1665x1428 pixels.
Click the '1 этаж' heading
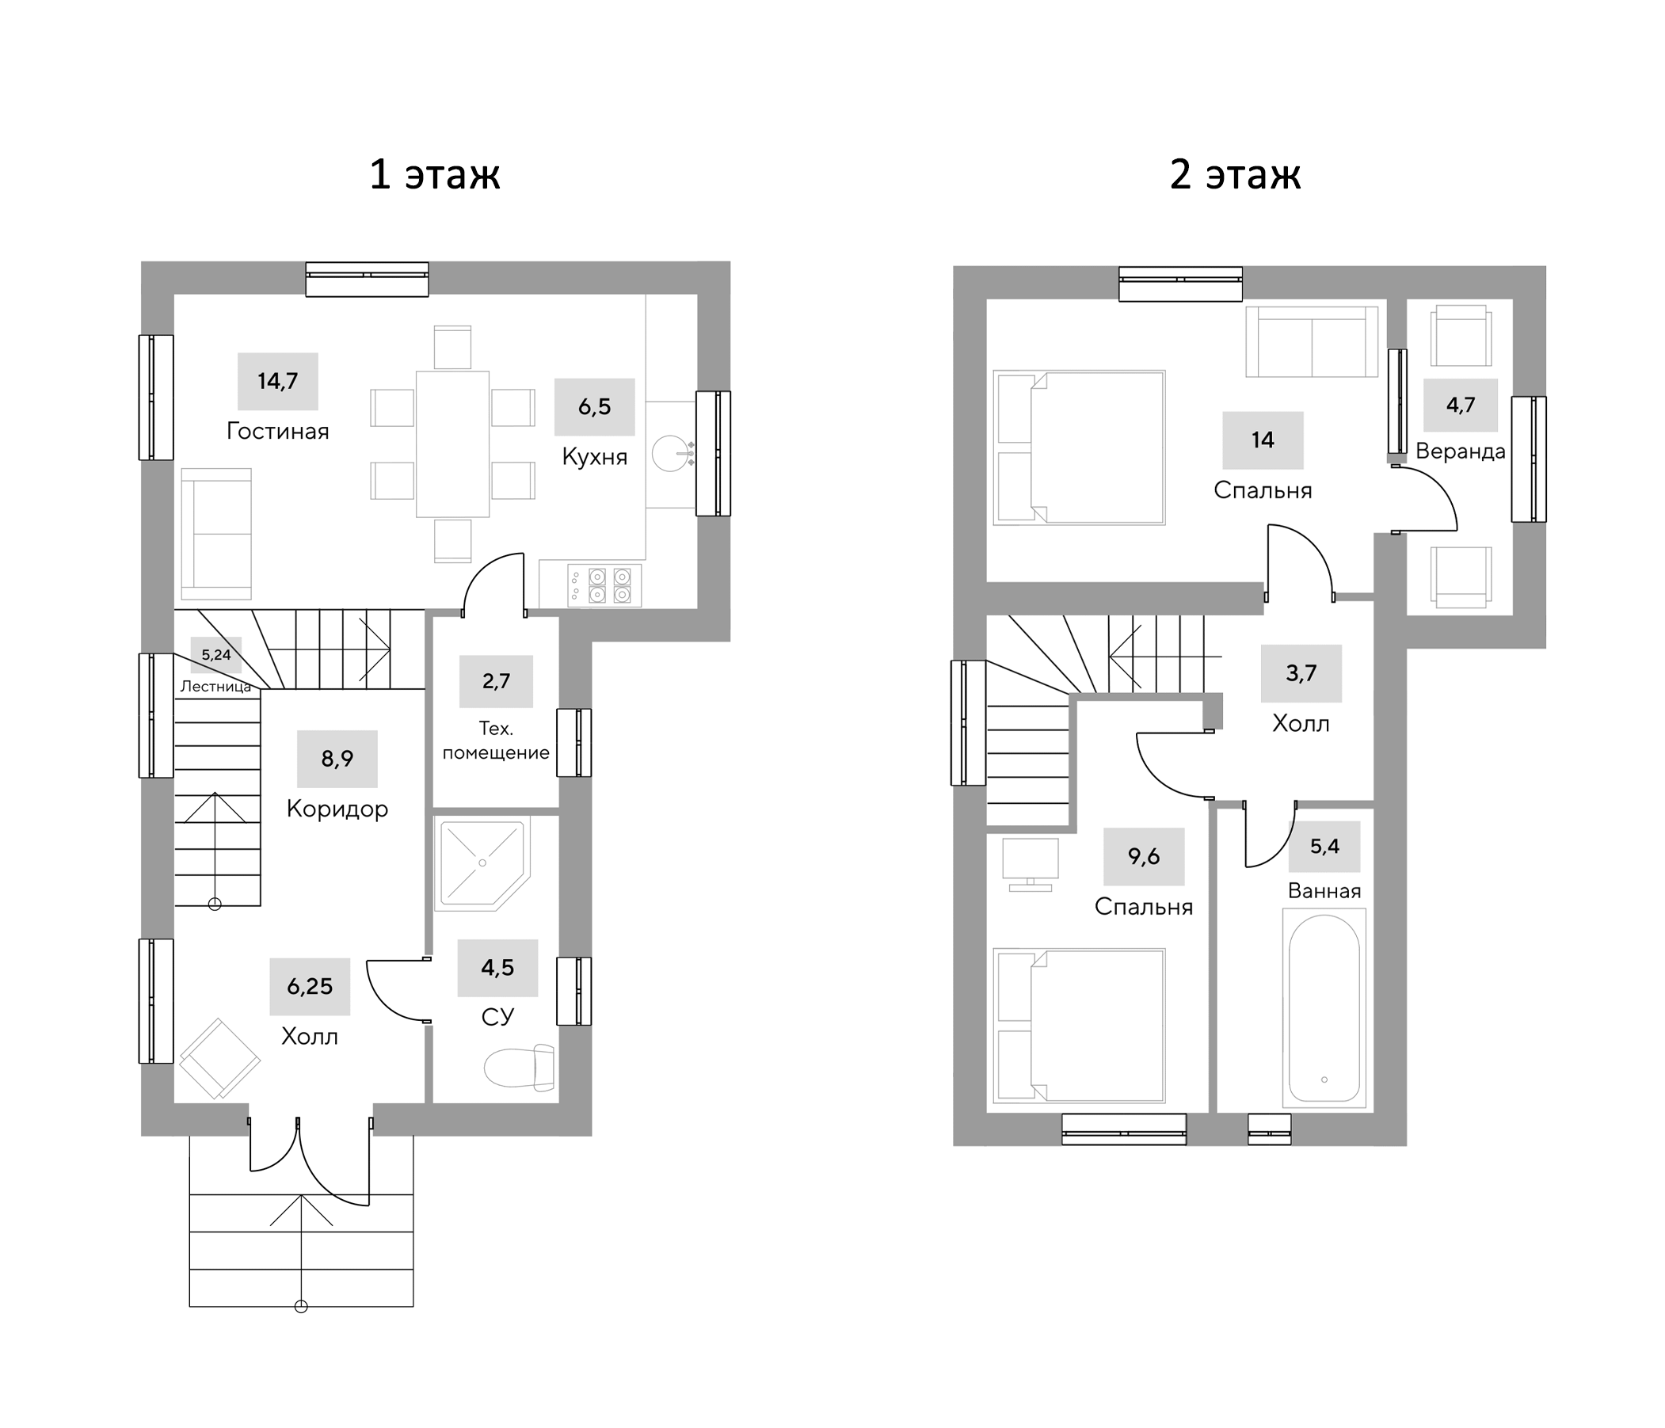(434, 174)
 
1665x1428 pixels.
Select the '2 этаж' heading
(1234, 174)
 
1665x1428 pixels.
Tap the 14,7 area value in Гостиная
(277, 381)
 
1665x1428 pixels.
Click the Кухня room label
(594, 456)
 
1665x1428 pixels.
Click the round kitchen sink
(670, 454)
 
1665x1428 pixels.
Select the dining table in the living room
(452, 444)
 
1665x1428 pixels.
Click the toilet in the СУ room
(519, 1067)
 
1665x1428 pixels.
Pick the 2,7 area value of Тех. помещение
(496, 681)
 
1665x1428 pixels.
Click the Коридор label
(337, 809)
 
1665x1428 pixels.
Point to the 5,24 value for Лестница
(215, 655)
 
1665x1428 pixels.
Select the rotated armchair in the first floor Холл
(219, 1058)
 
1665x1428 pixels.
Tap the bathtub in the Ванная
(1324, 1008)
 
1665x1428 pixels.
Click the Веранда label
(1459, 451)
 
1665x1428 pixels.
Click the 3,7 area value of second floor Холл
(1300, 673)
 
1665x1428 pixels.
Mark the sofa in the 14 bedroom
(1312, 341)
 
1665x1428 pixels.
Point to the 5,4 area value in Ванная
(1324, 846)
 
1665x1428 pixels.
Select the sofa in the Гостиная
(216, 534)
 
